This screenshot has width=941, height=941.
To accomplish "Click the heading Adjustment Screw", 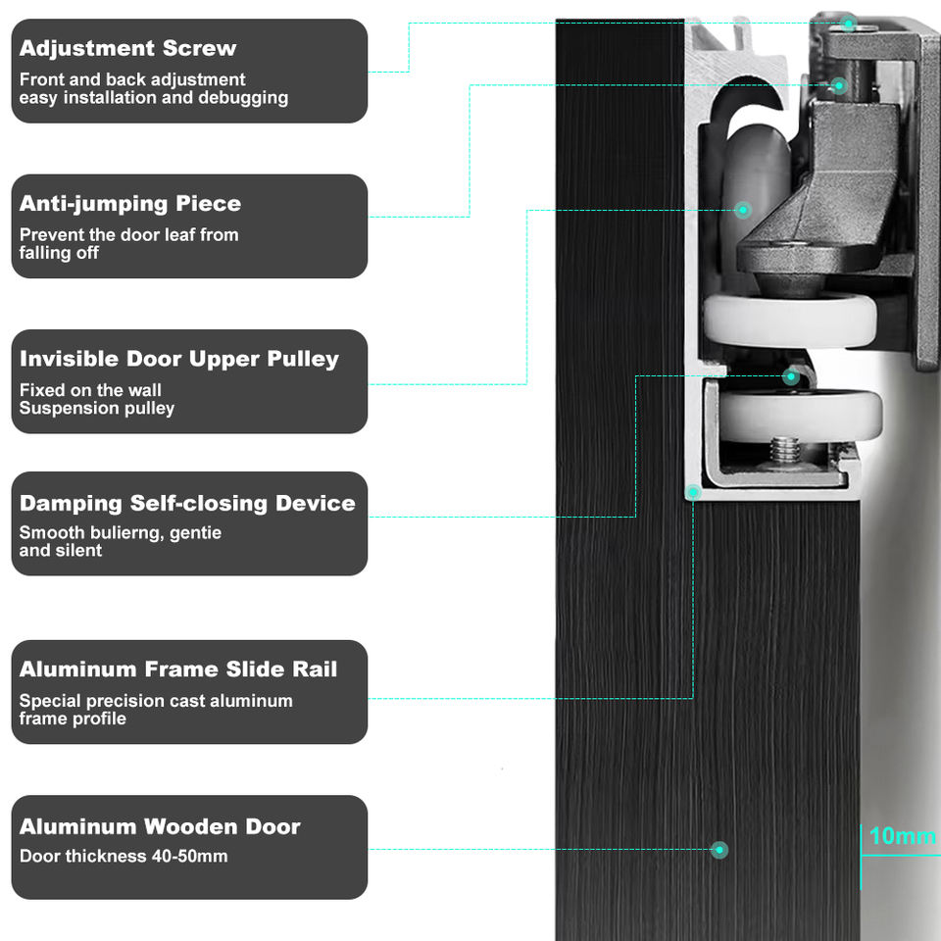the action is pos(127,48).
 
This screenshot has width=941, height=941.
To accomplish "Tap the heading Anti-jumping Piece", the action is pos(130,204).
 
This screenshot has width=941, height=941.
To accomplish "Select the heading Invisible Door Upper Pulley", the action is pos(178,359).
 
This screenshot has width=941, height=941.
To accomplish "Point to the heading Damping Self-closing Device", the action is pos(187,503).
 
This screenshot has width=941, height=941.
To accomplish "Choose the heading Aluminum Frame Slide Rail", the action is pos(178,669).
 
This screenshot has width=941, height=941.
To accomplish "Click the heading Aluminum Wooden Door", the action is pos(160,826).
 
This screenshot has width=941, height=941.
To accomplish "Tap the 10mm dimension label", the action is pos(902,835).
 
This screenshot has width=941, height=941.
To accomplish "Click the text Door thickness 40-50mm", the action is pos(124,856).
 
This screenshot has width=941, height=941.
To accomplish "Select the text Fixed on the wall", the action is pos(90,390).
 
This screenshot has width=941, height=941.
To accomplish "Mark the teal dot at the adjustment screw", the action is pos(848,24).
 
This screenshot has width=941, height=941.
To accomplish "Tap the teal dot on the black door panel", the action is pos(719,849).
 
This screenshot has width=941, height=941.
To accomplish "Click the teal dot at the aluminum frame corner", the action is pos(693,492).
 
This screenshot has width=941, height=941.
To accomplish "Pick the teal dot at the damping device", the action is pos(791,376).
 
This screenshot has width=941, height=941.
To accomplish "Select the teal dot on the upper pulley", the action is pos(743,210).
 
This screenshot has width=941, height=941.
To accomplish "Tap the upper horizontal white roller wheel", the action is pos(790,322).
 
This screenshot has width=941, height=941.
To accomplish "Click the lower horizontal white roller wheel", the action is pos(801,416).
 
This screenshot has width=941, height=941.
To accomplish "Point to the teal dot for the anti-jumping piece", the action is pos(839,85).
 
